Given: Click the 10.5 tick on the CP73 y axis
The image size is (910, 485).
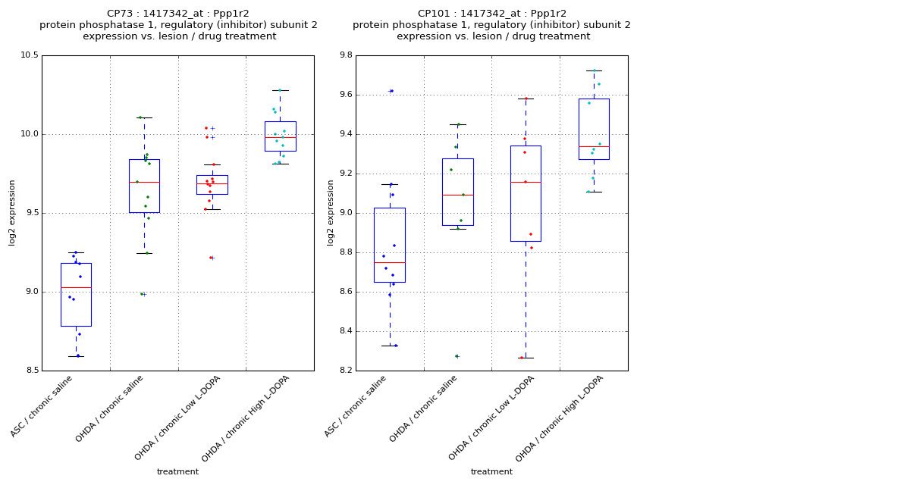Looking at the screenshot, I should tap(29, 55).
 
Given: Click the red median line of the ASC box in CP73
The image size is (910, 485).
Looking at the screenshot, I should tap(76, 287).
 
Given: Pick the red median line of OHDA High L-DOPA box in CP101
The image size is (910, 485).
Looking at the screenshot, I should tap(594, 146).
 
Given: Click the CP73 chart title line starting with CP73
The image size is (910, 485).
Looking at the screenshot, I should tap(178, 14).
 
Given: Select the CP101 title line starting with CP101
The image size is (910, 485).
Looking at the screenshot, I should tap(492, 14).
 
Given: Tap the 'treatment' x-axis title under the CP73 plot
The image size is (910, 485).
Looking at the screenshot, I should tap(177, 471).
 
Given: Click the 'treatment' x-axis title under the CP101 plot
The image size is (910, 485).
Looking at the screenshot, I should tap(491, 471).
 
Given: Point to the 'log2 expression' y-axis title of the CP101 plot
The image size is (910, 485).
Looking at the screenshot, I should tap(331, 212).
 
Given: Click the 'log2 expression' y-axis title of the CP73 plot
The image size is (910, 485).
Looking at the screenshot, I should tap(12, 212).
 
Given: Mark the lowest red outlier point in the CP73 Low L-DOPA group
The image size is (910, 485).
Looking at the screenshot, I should tap(210, 258).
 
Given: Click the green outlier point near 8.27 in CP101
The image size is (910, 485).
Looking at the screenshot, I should tap(457, 356).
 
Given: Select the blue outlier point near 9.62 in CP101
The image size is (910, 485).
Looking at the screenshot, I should tap(391, 91).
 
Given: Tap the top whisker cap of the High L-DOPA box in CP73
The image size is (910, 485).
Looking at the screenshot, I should tap(281, 90).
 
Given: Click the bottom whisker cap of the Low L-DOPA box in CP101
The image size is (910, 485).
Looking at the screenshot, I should tap(526, 358).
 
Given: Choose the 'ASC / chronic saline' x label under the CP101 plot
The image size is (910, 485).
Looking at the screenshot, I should tap(356, 405).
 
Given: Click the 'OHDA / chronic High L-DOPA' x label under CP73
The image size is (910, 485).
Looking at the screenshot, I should tap(246, 418).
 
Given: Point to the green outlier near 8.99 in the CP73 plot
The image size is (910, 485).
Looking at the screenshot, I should tap(142, 294).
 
